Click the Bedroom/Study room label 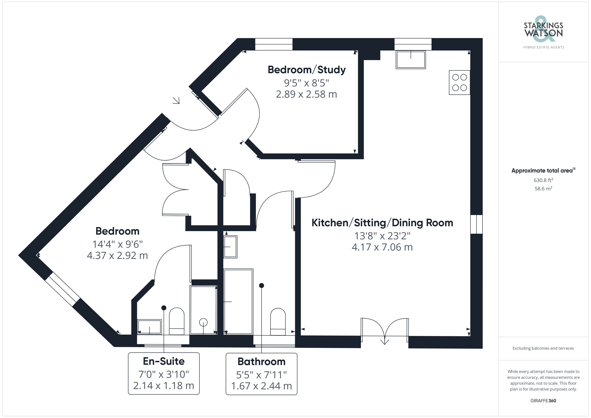pos(306,70)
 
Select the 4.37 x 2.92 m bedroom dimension pos(117,256)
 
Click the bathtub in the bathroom pos(238,302)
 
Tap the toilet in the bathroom pos(278,322)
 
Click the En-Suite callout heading pos(164,361)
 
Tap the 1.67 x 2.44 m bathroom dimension pos(261,386)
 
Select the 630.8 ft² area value pos(543,180)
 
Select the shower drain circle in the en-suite pos(203,322)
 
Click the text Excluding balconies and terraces pos(543,348)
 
